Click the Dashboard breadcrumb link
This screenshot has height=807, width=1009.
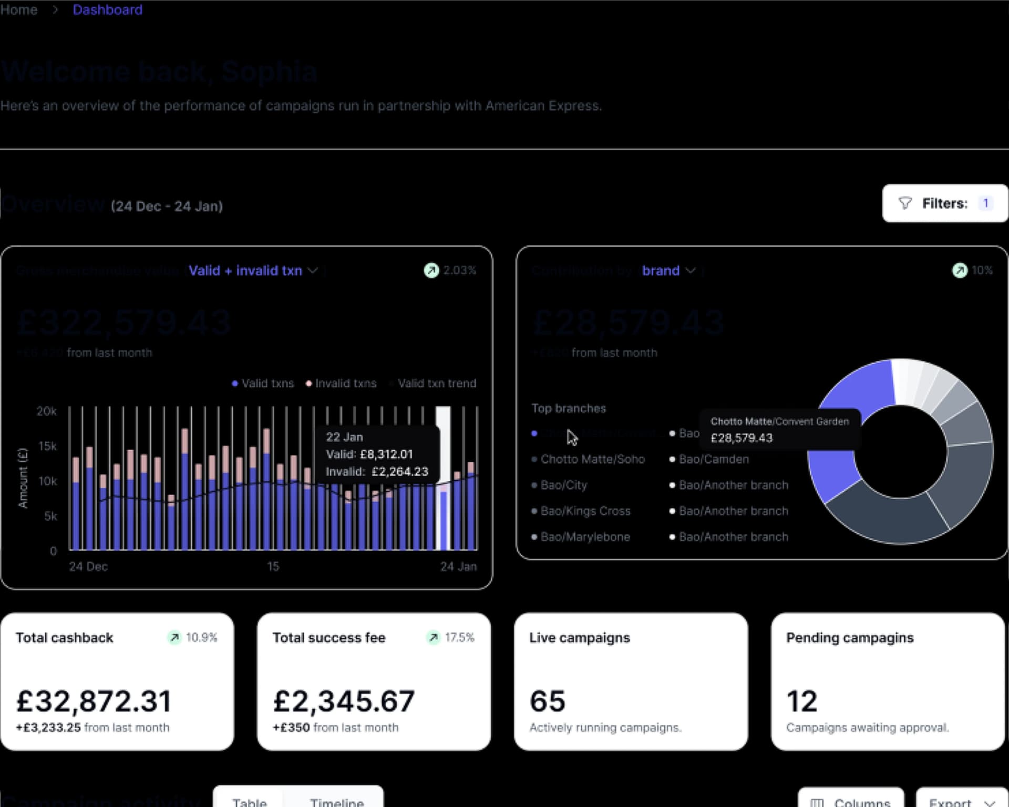pyautogui.click(x=107, y=10)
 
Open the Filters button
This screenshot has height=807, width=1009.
pyautogui.click(x=944, y=203)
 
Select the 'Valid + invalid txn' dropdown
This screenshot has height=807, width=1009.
pyautogui.click(x=253, y=271)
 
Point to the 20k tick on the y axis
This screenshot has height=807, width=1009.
pyautogui.click(x=47, y=411)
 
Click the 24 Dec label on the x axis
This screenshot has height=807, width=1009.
pyautogui.click(x=88, y=566)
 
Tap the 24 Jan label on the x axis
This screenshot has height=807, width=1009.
pyautogui.click(x=458, y=566)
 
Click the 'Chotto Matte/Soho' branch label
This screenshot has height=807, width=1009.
pyautogui.click(x=592, y=459)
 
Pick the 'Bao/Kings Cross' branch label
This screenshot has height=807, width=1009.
pyautogui.click(x=585, y=511)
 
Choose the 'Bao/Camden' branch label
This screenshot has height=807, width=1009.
pyautogui.click(x=714, y=459)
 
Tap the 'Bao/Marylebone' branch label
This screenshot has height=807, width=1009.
pyautogui.click(x=585, y=537)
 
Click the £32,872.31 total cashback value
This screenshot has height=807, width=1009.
pyautogui.click(x=94, y=701)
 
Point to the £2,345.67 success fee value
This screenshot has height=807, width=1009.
pyautogui.click(x=344, y=701)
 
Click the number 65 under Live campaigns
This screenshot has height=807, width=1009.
pyautogui.click(x=548, y=701)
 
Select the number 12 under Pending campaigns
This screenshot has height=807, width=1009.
pyautogui.click(x=802, y=701)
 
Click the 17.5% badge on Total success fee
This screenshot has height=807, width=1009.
pyautogui.click(x=452, y=637)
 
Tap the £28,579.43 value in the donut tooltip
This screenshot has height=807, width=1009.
pyautogui.click(x=742, y=438)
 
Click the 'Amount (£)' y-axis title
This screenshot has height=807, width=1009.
pyautogui.click(x=23, y=478)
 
